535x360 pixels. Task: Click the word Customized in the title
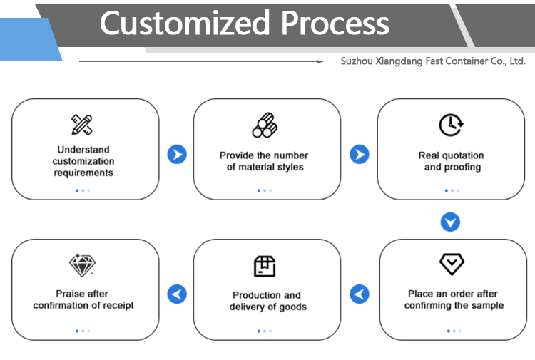click(x=185, y=23)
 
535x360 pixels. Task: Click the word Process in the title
click(x=335, y=23)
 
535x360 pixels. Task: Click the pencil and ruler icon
click(x=82, y=125)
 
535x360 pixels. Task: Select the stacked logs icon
click(x=265, y=125)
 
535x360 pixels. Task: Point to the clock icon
click(x=451, y=125)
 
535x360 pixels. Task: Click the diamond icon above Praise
click(x=82, y=265)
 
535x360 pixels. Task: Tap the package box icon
click(x=265, y=266)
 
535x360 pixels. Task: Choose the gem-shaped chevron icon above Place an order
click(x=452, y=264)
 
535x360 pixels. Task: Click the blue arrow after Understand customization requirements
click(x=177, y=155)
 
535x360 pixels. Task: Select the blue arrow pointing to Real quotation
click(x=360, y=155)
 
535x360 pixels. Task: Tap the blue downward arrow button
click(x=450, y=222)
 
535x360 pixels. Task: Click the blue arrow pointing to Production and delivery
click(x=360, y=294)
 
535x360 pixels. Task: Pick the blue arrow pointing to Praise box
click(x=177, y=294)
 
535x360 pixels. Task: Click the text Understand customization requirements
click(x=83, y=161)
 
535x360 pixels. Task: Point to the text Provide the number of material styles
click(x=264, y=161)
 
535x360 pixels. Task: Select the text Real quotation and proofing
click(x=452, y=161)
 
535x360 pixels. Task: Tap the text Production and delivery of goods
click(x=267, y=301)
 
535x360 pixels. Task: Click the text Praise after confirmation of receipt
click(x=83, y=299)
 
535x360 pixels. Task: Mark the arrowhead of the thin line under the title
click(x=322, y=61)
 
